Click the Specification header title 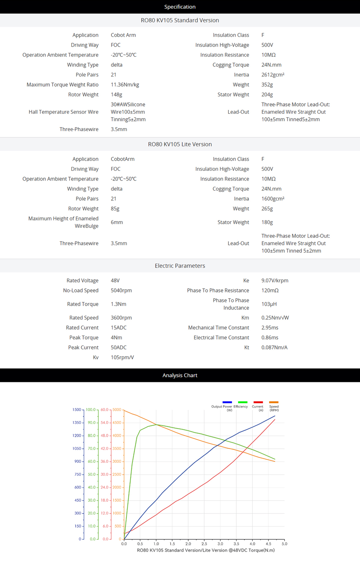coord(180,7)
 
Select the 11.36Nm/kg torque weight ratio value coord(125,85)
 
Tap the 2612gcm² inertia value coord(273,75)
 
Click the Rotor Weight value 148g coord(116,94)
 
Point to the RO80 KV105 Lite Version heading coord(180,144)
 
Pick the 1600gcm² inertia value coord(273,199)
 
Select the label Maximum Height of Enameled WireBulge coord(63,222)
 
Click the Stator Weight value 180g coord(267,222)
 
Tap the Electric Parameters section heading coord(180,266)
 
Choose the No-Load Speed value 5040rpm coord(121,290)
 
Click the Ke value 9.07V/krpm coord(274,280)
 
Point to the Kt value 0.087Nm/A coord(274,347)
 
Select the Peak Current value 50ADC coord(118,347)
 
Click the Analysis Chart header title coord(180,375)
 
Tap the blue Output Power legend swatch coord(227,402)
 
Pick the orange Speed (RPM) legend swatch coord(274,402)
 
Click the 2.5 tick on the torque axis coord(204,544)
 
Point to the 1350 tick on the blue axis coord(77,423)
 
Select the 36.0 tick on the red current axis coord(104,461)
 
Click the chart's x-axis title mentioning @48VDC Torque coord(206,550)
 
